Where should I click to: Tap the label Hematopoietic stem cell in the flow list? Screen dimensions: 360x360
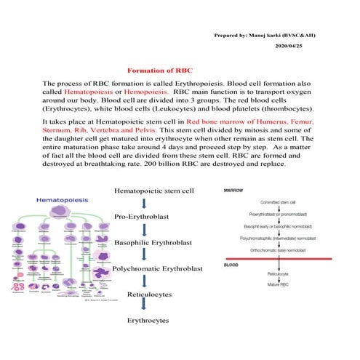(x=154, y=191)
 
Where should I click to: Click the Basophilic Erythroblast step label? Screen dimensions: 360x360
(x=155, y=244)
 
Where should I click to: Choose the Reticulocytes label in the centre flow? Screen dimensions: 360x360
(x=148, y=295)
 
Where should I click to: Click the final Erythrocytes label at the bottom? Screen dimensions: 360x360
(x=148, y=320)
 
